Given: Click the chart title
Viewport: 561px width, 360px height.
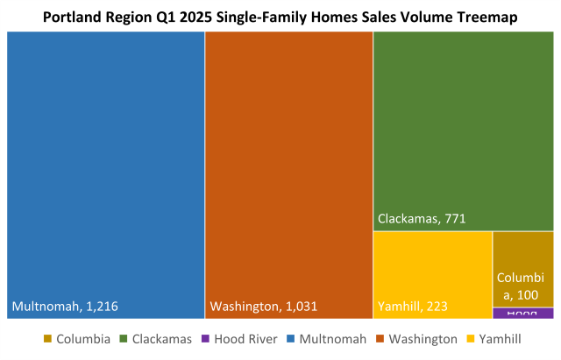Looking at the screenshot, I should [x=280, y=16].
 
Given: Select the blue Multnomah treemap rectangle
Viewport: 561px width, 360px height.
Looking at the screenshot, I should [x=105, y=166].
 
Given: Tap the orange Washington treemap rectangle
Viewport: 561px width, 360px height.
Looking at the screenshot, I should [x=288, y=166].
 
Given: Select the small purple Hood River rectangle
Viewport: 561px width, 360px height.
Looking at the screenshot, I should [x=522, y=313].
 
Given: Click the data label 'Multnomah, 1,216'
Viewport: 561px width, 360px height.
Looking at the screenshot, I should [x=65, y=307].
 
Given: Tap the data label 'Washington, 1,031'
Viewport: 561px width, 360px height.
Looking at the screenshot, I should [x=263, y=307].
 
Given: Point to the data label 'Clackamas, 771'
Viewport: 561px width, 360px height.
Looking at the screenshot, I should [x=420, y=218].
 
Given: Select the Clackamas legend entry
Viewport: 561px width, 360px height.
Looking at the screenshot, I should [x=162, y=339].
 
